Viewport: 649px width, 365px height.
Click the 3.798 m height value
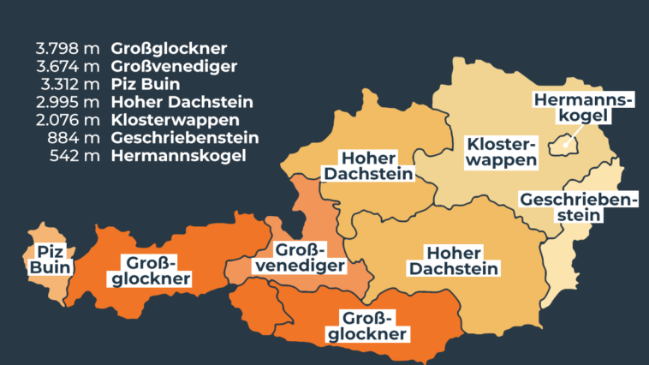coord(66,48)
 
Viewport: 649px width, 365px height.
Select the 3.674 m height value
coord(66,66)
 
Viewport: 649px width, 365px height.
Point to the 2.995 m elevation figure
coord(66,102)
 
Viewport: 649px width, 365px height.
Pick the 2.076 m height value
coord(66,120)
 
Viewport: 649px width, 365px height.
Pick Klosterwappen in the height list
coord(175,120)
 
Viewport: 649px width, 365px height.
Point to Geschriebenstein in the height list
coord(184,138)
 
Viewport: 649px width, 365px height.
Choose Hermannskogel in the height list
coord(178,156)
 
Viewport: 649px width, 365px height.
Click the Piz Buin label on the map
coord(50,260)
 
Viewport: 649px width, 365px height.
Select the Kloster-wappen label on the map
coord(502,150)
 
